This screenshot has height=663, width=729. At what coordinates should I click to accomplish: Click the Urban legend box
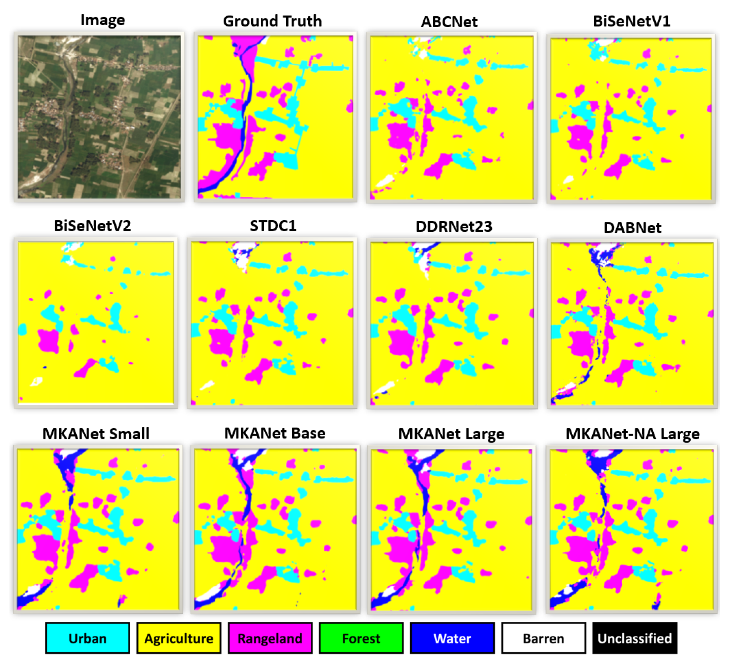(87, 638)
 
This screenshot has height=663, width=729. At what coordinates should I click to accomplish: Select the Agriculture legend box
(178, 638)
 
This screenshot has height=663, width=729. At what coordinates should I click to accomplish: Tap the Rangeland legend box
(270, 638)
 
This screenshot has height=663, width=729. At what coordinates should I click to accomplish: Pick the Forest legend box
(361, 638)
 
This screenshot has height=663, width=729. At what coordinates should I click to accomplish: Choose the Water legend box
(452, 638)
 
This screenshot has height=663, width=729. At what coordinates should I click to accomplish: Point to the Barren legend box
(543, 638)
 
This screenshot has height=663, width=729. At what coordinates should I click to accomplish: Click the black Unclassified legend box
(634, 638)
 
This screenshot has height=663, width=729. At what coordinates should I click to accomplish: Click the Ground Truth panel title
(272, 21)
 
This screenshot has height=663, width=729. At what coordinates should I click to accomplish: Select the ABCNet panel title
(449, 22)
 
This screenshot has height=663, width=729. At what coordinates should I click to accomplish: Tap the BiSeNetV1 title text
(632, 21)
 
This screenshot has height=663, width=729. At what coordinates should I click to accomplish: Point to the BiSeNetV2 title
(93, 226)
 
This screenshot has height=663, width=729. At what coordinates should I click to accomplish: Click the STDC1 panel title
(273, 226)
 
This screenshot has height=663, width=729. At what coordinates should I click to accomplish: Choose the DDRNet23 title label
(454, 227)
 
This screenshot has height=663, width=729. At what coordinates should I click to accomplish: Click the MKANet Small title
(96, 433)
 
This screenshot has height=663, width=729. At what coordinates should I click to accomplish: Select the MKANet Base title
(275, 433)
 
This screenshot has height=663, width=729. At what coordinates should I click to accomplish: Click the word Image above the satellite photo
(103, 20)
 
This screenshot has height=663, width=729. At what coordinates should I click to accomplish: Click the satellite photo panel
(99, 117)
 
